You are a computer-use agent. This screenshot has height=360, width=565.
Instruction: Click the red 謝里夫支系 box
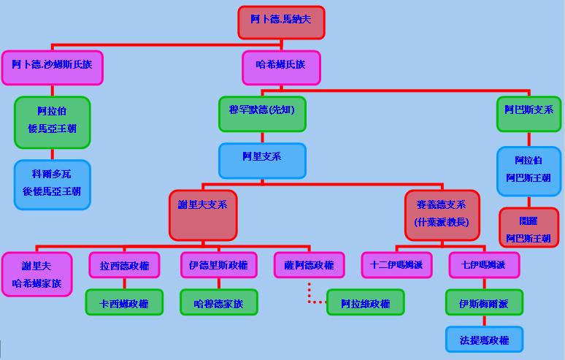click(203, 214)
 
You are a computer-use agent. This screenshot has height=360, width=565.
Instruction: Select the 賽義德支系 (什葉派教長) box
click(442, 214)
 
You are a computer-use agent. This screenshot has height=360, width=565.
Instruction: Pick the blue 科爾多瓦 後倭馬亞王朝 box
click(52, 184)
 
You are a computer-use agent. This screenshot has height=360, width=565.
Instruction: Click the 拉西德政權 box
click(124, 266)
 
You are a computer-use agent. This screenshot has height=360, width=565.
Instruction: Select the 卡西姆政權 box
click(124, 303)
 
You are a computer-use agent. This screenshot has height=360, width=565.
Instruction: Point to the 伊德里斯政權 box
click(218, 266)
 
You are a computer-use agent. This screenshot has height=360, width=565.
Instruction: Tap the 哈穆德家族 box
click(219, 303)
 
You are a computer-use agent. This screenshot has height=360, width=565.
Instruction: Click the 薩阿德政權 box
click(310, 266)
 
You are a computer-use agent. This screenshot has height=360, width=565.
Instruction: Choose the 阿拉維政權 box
click(366, 303)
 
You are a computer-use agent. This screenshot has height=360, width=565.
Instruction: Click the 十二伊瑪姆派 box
click(396, 266)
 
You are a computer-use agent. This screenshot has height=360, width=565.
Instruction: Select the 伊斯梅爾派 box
click(485, 302)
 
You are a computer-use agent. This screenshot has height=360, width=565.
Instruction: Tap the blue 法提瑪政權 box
click(485, 339)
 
